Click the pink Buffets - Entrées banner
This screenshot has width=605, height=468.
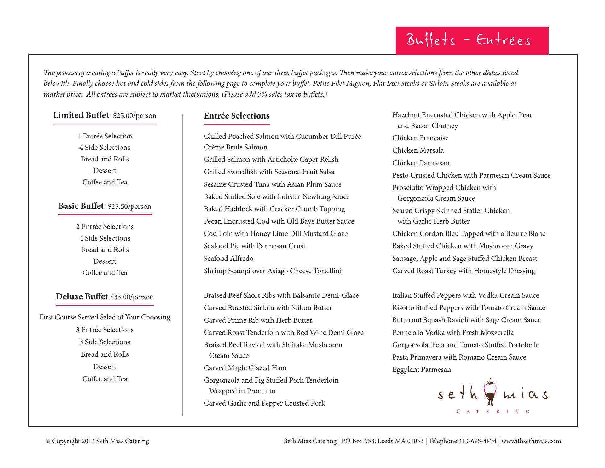[472, 41]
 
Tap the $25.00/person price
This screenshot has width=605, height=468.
[135, 116]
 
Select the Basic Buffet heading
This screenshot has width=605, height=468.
[81, 206]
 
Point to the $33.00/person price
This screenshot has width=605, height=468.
[132, 297]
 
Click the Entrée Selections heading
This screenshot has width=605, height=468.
[237, 116]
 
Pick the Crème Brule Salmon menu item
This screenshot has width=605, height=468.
[235, 147]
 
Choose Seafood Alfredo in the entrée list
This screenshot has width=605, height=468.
[228, 259]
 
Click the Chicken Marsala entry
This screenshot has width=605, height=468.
[418, 150]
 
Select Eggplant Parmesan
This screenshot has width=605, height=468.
[421, 370]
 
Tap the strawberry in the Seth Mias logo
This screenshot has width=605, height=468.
[490, 391]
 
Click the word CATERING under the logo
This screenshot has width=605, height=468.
[493, 412]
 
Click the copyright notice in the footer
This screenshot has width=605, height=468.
[97, 441]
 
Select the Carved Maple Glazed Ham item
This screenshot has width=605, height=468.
[245, 368]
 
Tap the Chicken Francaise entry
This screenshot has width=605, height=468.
[420, 138]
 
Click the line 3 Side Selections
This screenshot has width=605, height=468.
[105, 342]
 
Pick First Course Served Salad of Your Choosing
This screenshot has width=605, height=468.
[105, 317]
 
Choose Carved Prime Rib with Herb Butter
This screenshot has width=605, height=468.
[258, 320]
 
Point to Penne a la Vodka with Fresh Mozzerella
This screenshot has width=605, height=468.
[453, 333]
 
